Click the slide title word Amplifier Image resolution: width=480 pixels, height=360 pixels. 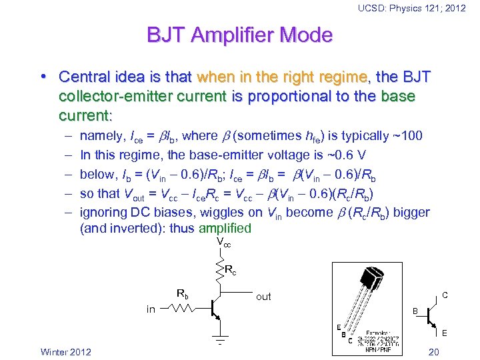pos(239,35)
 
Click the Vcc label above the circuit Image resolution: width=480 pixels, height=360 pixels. pos(223,244)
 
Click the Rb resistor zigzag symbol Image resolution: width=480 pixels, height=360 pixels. pos(182,309)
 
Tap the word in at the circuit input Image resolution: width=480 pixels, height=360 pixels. pos(151,309)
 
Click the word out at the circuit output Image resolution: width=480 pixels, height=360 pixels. pos(263,297)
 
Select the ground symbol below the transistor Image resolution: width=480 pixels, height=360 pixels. pos(219,337)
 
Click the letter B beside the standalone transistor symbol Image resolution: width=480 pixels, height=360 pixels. pos(415,311)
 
